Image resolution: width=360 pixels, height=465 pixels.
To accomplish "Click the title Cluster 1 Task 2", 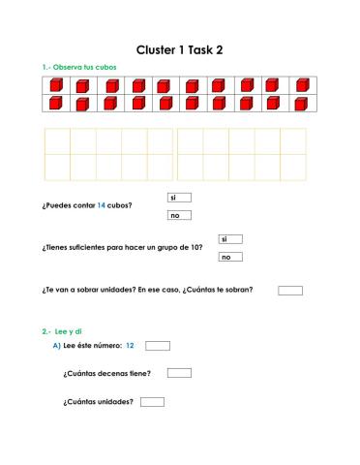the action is [179, 49].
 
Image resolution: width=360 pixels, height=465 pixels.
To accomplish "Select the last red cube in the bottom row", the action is [299, 103].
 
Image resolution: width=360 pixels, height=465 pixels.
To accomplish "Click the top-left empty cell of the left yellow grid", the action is [57, 141].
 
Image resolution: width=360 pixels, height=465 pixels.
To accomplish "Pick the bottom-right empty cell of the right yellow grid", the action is [292, 168].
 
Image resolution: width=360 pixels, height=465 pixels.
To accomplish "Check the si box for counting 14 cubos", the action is [179, 198].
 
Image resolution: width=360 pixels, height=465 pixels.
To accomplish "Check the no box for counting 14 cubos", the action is [179, 215].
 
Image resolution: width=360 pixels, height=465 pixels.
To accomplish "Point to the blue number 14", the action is [101, 206].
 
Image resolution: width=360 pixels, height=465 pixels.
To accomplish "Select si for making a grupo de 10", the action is [229, 239].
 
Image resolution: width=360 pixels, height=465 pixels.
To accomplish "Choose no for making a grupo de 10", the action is [229, 257].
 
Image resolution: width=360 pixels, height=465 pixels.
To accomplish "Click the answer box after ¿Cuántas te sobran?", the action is [289, 290].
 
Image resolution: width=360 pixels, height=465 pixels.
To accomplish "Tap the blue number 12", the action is [130, 345].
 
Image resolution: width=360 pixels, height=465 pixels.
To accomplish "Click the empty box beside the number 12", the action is [158, 345].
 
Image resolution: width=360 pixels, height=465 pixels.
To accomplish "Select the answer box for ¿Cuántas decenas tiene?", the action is [179, 373].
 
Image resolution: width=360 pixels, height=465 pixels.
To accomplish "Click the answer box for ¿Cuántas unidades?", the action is [152, 401].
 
